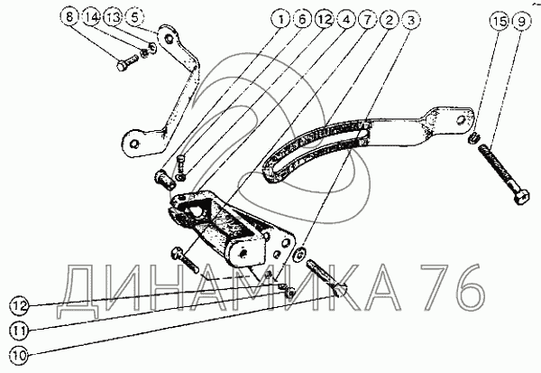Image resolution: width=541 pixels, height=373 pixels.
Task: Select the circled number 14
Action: click(x=92, y=17)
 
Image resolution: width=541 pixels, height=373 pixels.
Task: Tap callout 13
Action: click(x=113, y=17)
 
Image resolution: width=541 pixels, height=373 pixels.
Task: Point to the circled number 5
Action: click(x=133, y=17)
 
